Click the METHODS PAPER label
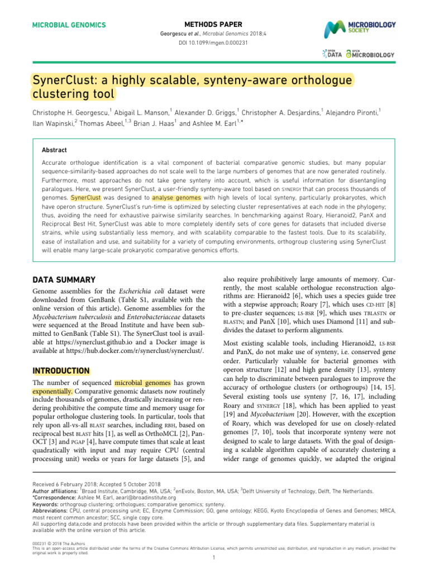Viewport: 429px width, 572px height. click(214, 25)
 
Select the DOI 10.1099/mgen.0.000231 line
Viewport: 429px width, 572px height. click(214, 42)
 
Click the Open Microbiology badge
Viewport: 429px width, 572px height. click(370, 54)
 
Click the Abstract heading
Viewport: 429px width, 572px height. click(54, 150)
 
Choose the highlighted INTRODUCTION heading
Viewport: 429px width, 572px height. click(61, 370)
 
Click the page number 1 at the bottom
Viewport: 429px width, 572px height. click(214, 557)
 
